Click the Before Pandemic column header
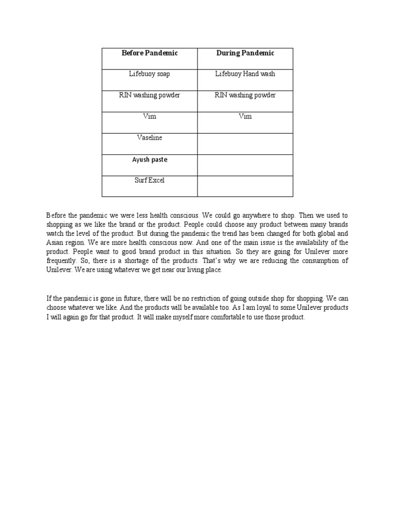click(x=149, y=53)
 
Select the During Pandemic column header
click(x=245, y=53)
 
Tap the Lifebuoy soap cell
click(x=149, y=74)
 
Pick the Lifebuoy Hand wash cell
click(x=245, y=74)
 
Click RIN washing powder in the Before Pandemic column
click(x=149, y=95)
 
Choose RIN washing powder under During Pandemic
click(x=245, y=95)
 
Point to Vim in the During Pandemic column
click(x=245, y=117)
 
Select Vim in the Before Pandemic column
click(x=149, y=117)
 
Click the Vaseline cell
click(x=149, y=138)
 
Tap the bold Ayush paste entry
click(x=149, y=160)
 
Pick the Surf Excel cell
click(x=149, y=181)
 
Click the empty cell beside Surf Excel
click(x=245, y=186)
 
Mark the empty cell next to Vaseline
click(x=245, y=144)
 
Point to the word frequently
click(x=61, y=261)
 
